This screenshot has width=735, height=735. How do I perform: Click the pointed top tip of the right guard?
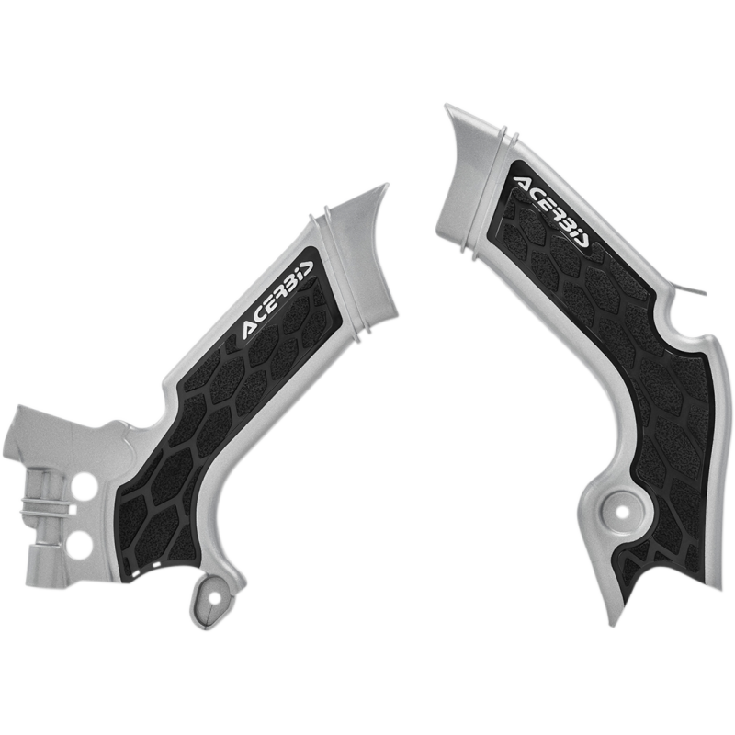click(446, 107)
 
